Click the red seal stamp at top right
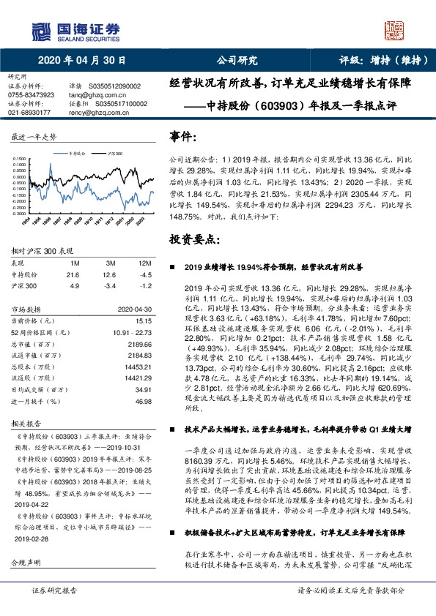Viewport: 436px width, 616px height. (x=398, y=30)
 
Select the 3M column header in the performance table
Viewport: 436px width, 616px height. (x=110, y=261)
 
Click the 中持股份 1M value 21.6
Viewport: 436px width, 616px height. (x=73, y=274)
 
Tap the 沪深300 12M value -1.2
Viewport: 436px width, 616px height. (x=147, y=285)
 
